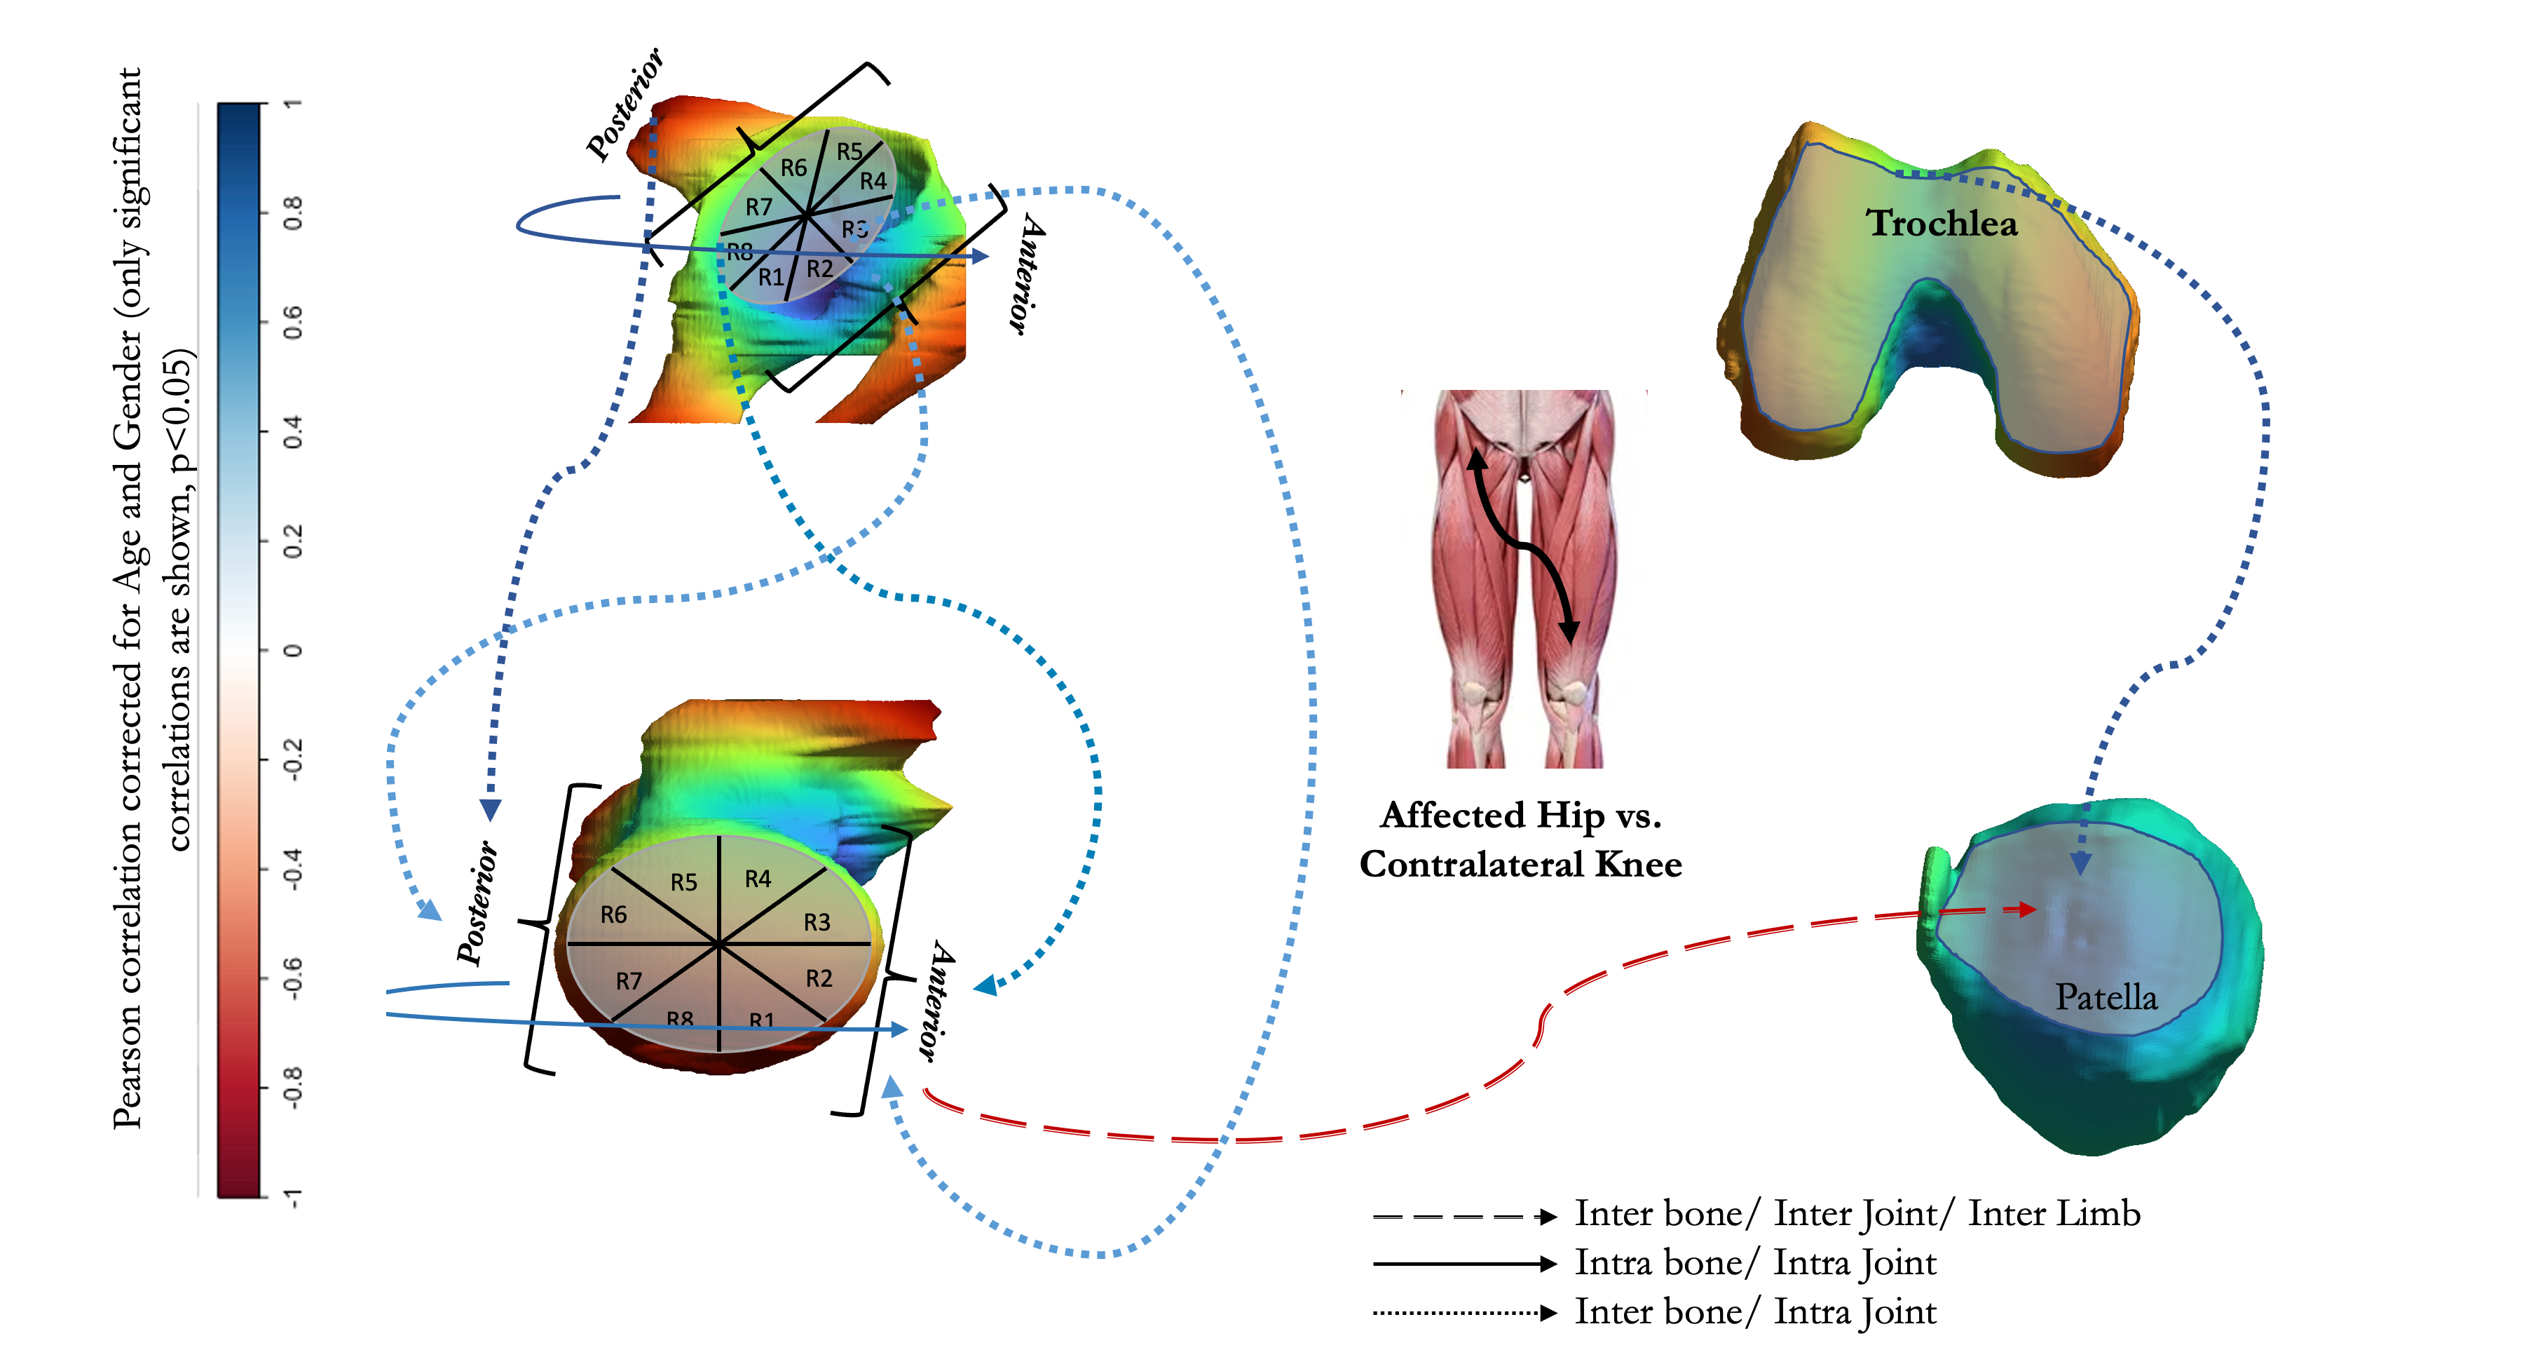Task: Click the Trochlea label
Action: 1941,224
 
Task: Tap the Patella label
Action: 2106,997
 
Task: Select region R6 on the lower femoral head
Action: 613,915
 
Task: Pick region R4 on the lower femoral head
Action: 758,879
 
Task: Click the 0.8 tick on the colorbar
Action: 292,212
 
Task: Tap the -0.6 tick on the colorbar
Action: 292,977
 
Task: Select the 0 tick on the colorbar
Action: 292,649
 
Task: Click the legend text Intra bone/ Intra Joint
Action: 1755,1263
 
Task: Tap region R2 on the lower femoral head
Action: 819,978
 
